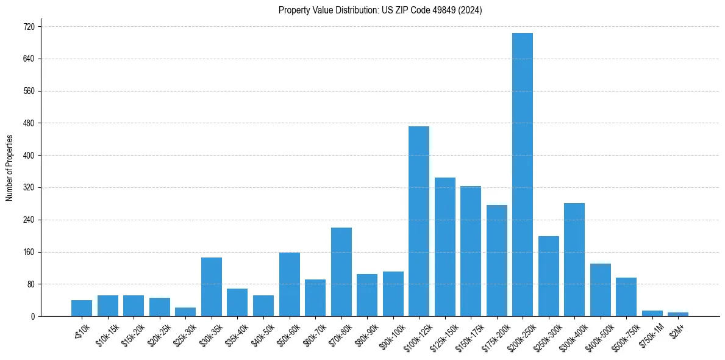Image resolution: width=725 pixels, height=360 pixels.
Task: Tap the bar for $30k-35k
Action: pyautogui.click(x=212, y=287)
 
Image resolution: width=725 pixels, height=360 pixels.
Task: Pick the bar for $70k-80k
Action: pyautogui.click(x=341, y=272)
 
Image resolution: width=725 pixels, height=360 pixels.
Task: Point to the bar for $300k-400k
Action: pyautogui.click(x=574, y=259)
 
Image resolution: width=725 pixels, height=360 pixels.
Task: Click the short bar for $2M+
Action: pyautogui.click(x=678, y=314)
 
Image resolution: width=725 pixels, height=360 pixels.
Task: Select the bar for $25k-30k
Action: pyautogui.click(x=185, y=312)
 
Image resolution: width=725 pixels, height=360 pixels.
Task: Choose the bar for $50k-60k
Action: pyautogui.click(x=290, y=284)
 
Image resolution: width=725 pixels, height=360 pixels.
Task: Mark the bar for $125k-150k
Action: pyautogui.click(x=445, y=247)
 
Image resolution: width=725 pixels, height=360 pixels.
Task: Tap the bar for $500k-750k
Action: pyautogui.click(x=626, y=297)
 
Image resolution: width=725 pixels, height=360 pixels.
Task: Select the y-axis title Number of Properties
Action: pyautogui.click(x=10, y=168)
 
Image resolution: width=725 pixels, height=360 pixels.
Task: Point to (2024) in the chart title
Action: pyautogui.click(x=471, y=10)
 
